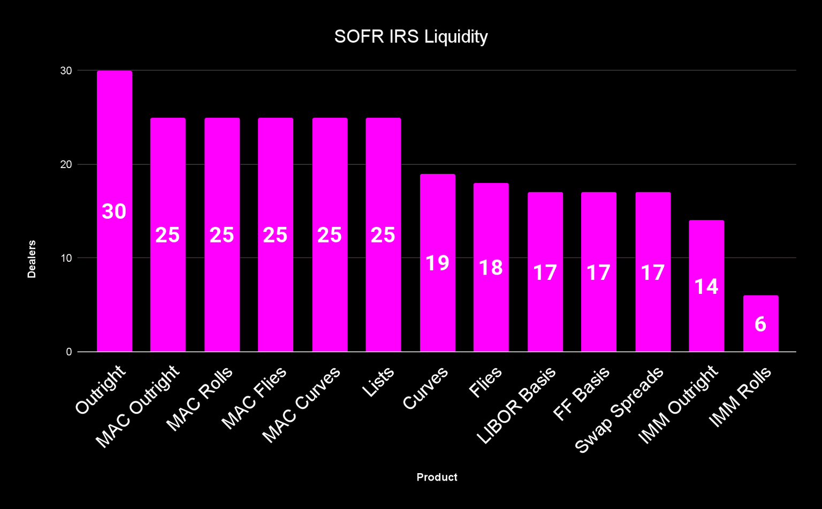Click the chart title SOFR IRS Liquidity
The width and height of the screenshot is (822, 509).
tap(410, 37)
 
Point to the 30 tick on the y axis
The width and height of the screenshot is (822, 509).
tap(66, 71)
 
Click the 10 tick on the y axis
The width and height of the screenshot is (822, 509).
tap(66, 258)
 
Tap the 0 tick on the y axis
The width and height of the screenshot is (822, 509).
tap(69, 352)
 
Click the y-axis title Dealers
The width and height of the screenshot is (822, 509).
tap(32, 259)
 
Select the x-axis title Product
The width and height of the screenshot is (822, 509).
tap(437, 477)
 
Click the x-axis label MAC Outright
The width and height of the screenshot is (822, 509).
tap(138, 407)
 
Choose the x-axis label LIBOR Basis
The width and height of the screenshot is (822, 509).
tap(516, 406)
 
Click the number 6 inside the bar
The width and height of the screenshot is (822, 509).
tap(760, 324)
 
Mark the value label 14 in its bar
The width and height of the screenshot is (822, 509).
tap(706, 287)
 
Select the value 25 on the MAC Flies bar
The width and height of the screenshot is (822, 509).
tap(276, 235)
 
